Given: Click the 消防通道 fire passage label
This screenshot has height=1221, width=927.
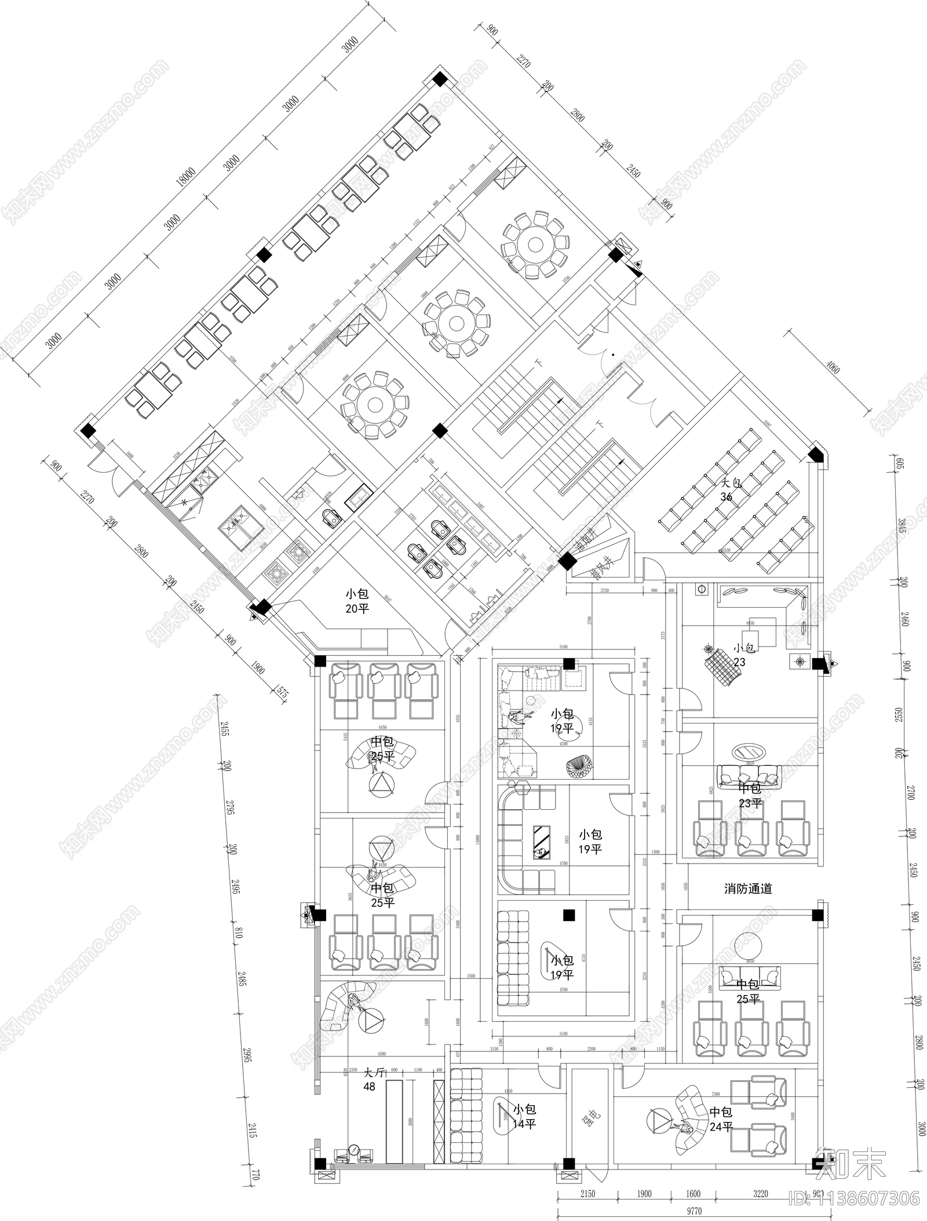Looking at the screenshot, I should coord(748,889).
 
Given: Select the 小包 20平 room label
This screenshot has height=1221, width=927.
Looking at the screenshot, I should coord(357,601).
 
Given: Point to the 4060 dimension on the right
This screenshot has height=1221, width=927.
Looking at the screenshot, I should coord(833,367).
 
